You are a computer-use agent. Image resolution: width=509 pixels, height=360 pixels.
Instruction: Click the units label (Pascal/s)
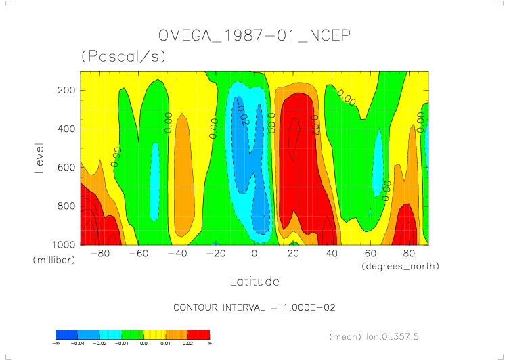point(123,57)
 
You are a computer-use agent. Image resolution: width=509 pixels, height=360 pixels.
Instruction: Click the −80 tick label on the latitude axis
point(99,254)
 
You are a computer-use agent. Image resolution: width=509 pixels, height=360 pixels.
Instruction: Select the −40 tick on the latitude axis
point(177,254)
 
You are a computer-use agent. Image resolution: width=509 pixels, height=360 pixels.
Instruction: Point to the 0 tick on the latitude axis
point(255,254)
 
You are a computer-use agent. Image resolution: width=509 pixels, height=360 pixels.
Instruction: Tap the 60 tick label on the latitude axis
point(370,254)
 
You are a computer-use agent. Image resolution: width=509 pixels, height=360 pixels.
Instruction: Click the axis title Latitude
point(254,280)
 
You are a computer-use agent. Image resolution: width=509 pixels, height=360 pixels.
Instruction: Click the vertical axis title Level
point(39,157)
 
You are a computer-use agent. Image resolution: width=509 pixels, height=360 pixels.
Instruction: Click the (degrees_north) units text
point(400,266)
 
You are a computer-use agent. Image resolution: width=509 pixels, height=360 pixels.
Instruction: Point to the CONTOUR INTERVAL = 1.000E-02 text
point(255,307)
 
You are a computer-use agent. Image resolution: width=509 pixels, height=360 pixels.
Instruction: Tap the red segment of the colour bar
point(198,334)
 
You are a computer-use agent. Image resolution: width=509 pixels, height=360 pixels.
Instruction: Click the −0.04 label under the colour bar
point(78,344)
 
